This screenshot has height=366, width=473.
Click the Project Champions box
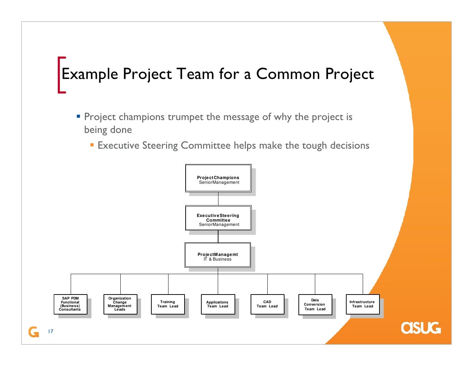[x=218, y=178]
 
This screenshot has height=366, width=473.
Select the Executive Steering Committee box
[x=218, y=218]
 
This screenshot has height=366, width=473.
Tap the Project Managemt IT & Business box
[x=218, y=255]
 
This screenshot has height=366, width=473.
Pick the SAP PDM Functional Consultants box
[x=70, y=304]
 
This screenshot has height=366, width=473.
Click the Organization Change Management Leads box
[x=120, y=304]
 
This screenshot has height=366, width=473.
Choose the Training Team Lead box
[x=168, y=304]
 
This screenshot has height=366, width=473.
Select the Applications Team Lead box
[x=218, y=304]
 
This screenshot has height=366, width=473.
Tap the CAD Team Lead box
[x=267, y=304]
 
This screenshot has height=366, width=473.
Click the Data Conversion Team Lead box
[x=315, y=305]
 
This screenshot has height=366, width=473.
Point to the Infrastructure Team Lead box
[x=362, y=304]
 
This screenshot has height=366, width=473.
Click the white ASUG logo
[x=421, y=328]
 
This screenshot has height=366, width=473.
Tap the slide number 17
[x=50, y=331]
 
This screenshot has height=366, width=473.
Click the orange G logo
[x=34, y=332]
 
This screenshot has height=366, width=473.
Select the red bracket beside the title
[x=61, y=75]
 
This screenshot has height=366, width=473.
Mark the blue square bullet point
[x=79, y=117]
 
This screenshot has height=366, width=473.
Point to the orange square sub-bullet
[x=92, y=145]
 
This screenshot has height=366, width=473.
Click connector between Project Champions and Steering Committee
[x=218, y=199]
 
